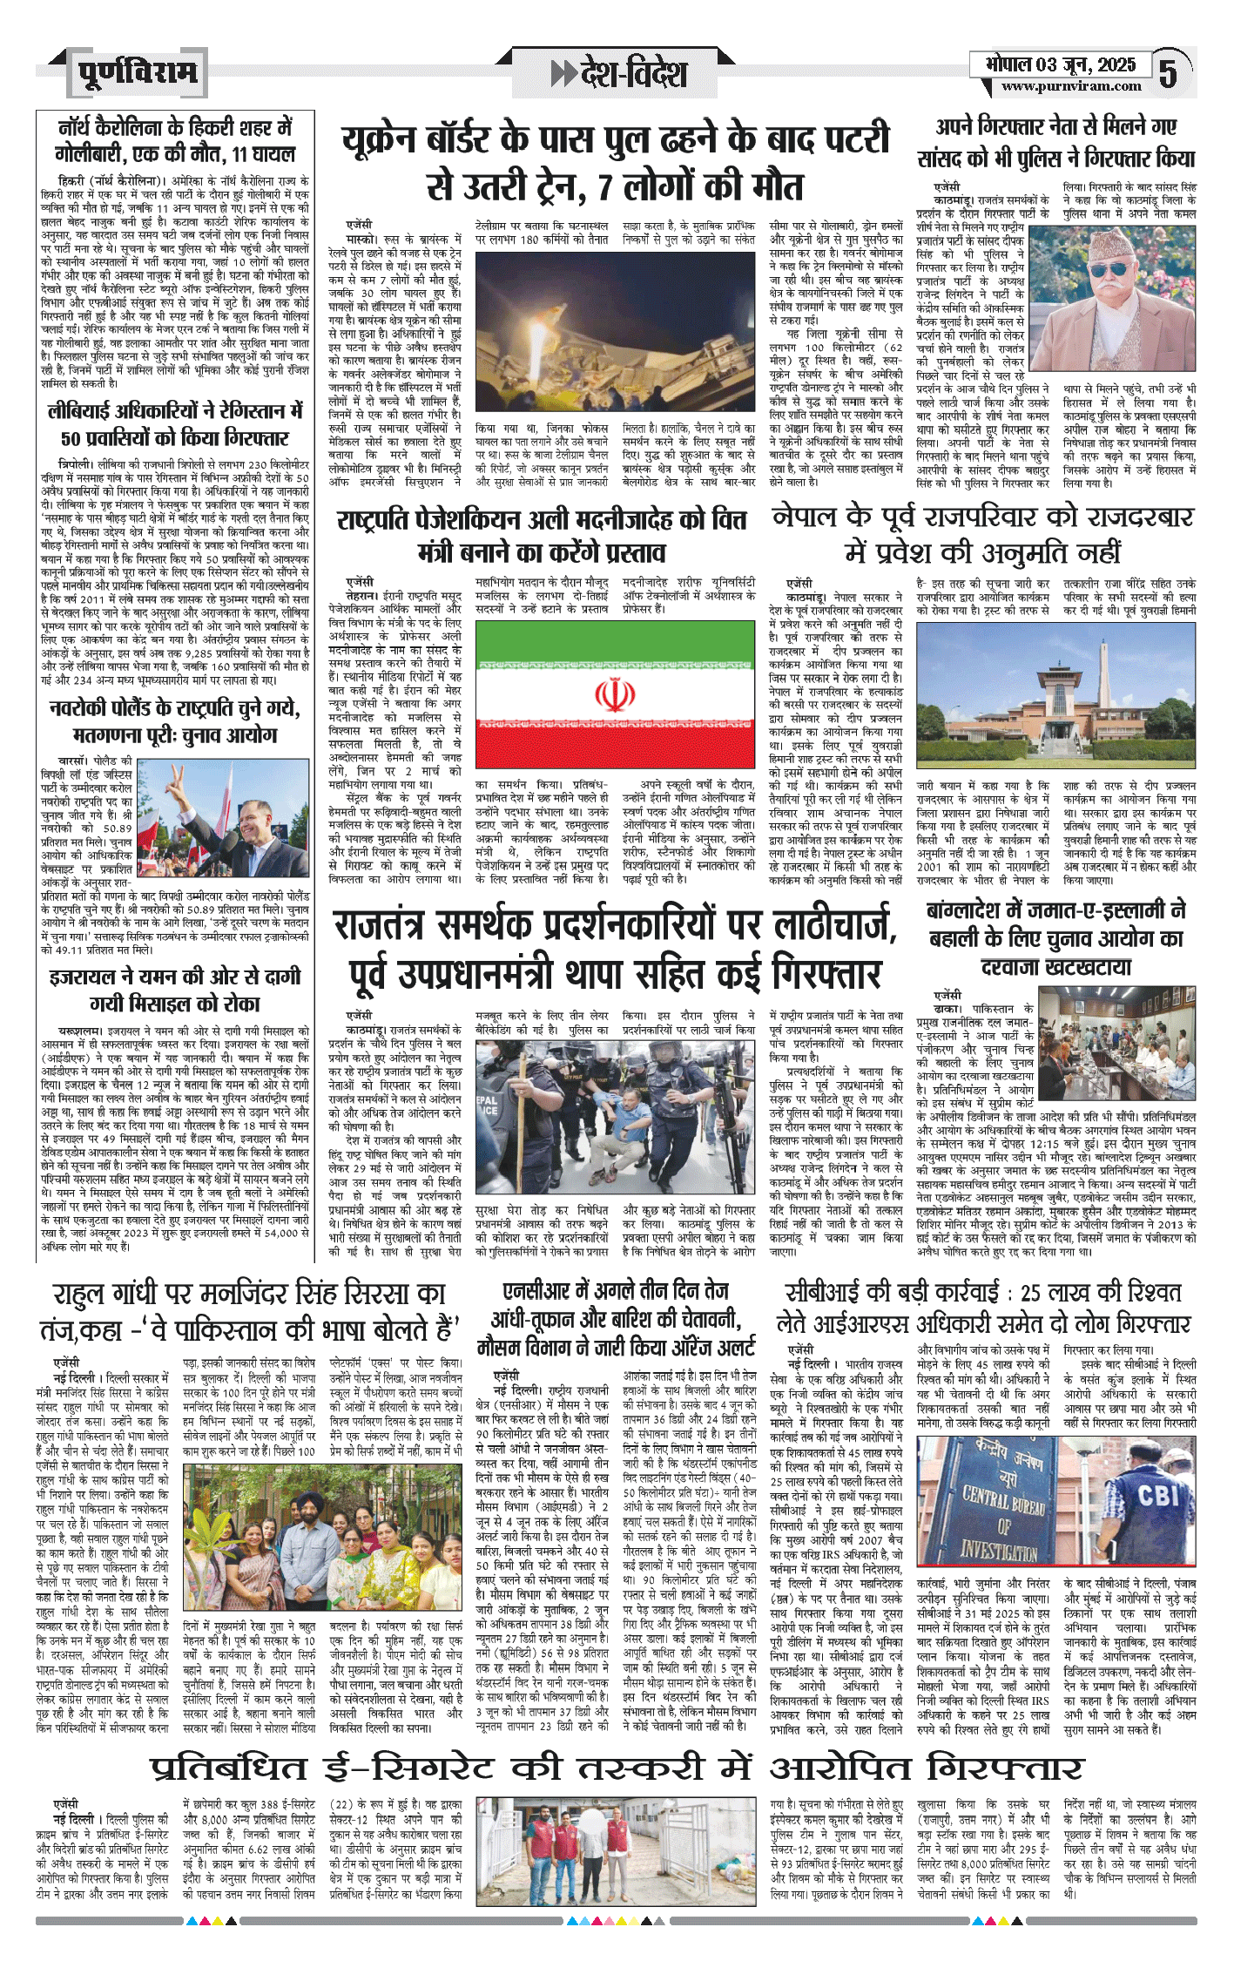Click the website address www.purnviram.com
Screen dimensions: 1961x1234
[1070, 86]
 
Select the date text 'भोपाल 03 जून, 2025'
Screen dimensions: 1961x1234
[1061, 64]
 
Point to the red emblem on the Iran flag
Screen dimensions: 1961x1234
[615, 694]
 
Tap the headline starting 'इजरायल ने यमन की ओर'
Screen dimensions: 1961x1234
[175, 989]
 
